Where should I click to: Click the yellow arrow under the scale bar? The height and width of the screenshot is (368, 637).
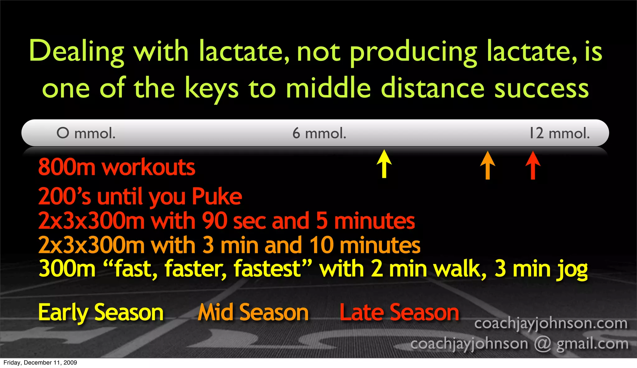384,163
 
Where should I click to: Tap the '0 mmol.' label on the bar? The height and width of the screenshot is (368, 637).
86,133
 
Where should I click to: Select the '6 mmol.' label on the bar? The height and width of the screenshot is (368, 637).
319,133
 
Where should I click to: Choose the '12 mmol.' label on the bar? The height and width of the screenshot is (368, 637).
559,133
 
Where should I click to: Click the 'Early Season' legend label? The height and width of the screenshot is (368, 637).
101,313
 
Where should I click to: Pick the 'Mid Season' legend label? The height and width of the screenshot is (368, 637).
253,313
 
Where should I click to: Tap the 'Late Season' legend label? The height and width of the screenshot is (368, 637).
399,313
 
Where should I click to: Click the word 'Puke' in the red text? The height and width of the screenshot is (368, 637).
217,197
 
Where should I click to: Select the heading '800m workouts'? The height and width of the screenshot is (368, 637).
117,168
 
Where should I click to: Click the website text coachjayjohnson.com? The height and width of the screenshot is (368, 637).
551,323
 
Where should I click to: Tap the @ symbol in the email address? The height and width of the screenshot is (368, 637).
542,344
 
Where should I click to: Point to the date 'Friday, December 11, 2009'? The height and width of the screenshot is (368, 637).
40,363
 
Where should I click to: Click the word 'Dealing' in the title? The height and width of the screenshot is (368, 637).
77,52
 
